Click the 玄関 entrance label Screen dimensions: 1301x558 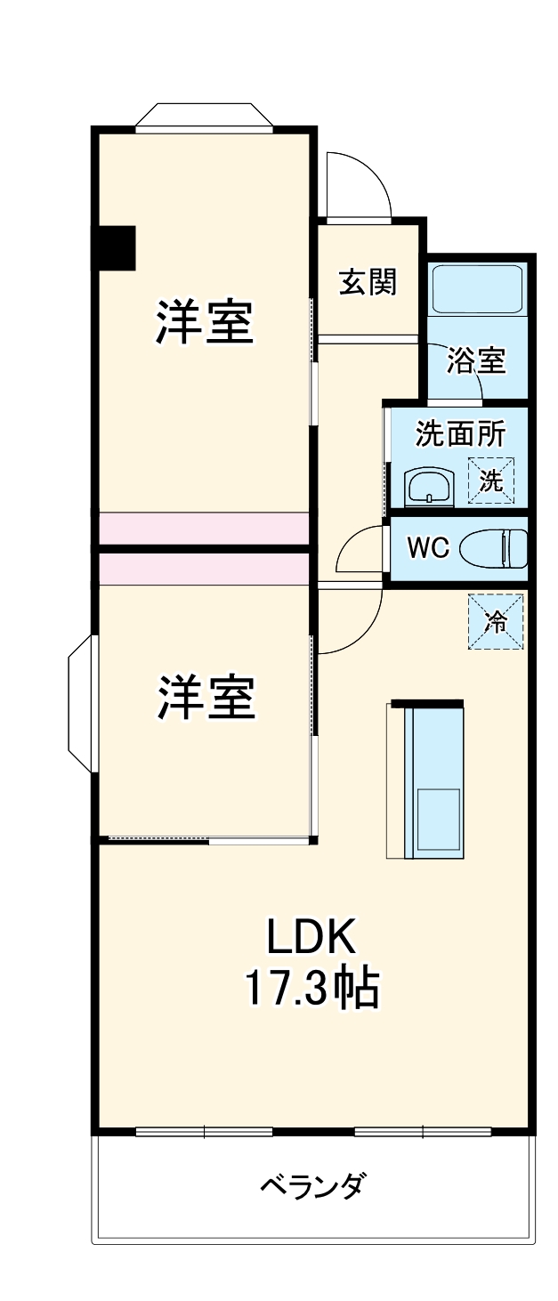367,282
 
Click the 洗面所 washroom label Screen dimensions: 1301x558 460,434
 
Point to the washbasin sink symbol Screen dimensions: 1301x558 428,487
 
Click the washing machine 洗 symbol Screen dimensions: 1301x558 491,481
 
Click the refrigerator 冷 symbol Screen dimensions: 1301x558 496,622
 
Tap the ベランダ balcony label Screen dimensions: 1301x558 312,1186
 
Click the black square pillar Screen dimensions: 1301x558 116,248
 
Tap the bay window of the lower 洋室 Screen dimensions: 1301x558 81,703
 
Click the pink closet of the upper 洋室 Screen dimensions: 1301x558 204,527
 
